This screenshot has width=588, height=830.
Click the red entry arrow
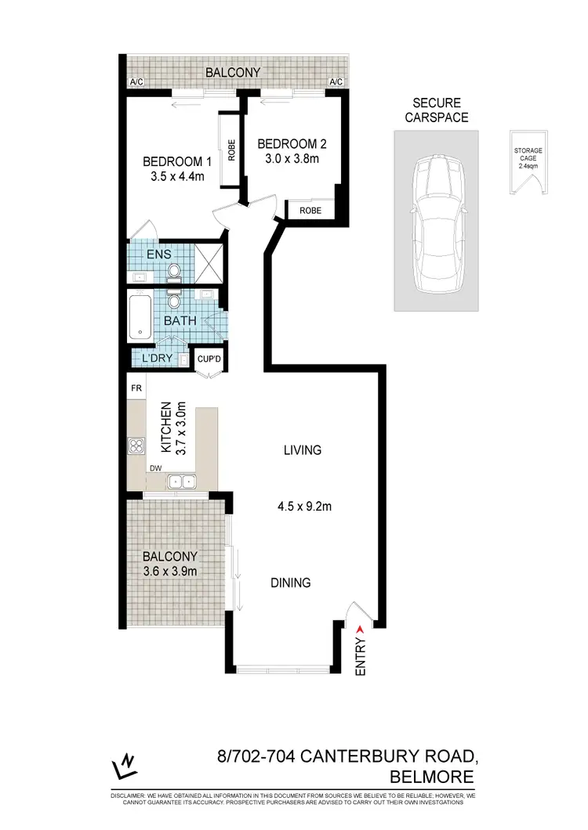coord(360,628)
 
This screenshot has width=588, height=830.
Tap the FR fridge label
coord(136,388)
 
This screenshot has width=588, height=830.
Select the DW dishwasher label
coord(155,468)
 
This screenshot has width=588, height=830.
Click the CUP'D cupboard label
coord(207,359)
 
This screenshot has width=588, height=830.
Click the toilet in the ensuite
coord(174,270)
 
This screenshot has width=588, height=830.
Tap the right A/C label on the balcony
coord(336,82)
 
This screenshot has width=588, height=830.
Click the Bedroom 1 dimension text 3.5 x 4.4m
coord(177,176)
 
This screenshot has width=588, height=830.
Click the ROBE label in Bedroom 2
coord(310,210)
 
